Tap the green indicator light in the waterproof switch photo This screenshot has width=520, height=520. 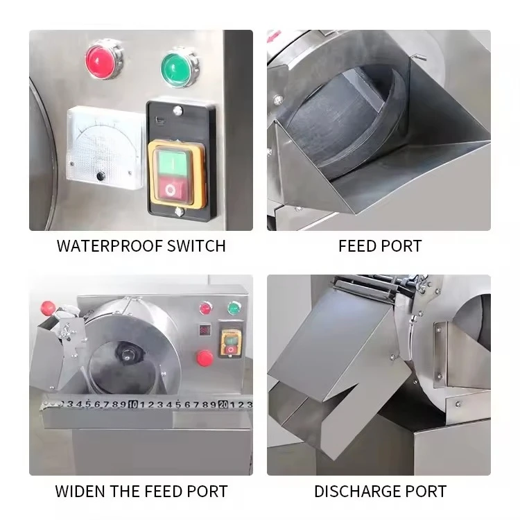(x=178, y=67)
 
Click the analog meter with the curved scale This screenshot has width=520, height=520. (x=104, y=148)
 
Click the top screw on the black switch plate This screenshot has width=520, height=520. (x=178, y=110)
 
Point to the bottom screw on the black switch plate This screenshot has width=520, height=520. (x=179, y=212)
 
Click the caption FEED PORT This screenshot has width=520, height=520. (x=379, y=246)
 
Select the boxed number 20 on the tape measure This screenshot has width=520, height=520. (x=223, y=404)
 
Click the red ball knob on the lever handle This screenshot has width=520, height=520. (x=48, y=306)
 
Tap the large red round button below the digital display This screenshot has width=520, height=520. (x=205, y=358)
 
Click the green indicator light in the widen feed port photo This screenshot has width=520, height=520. (x=235, y=308)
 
